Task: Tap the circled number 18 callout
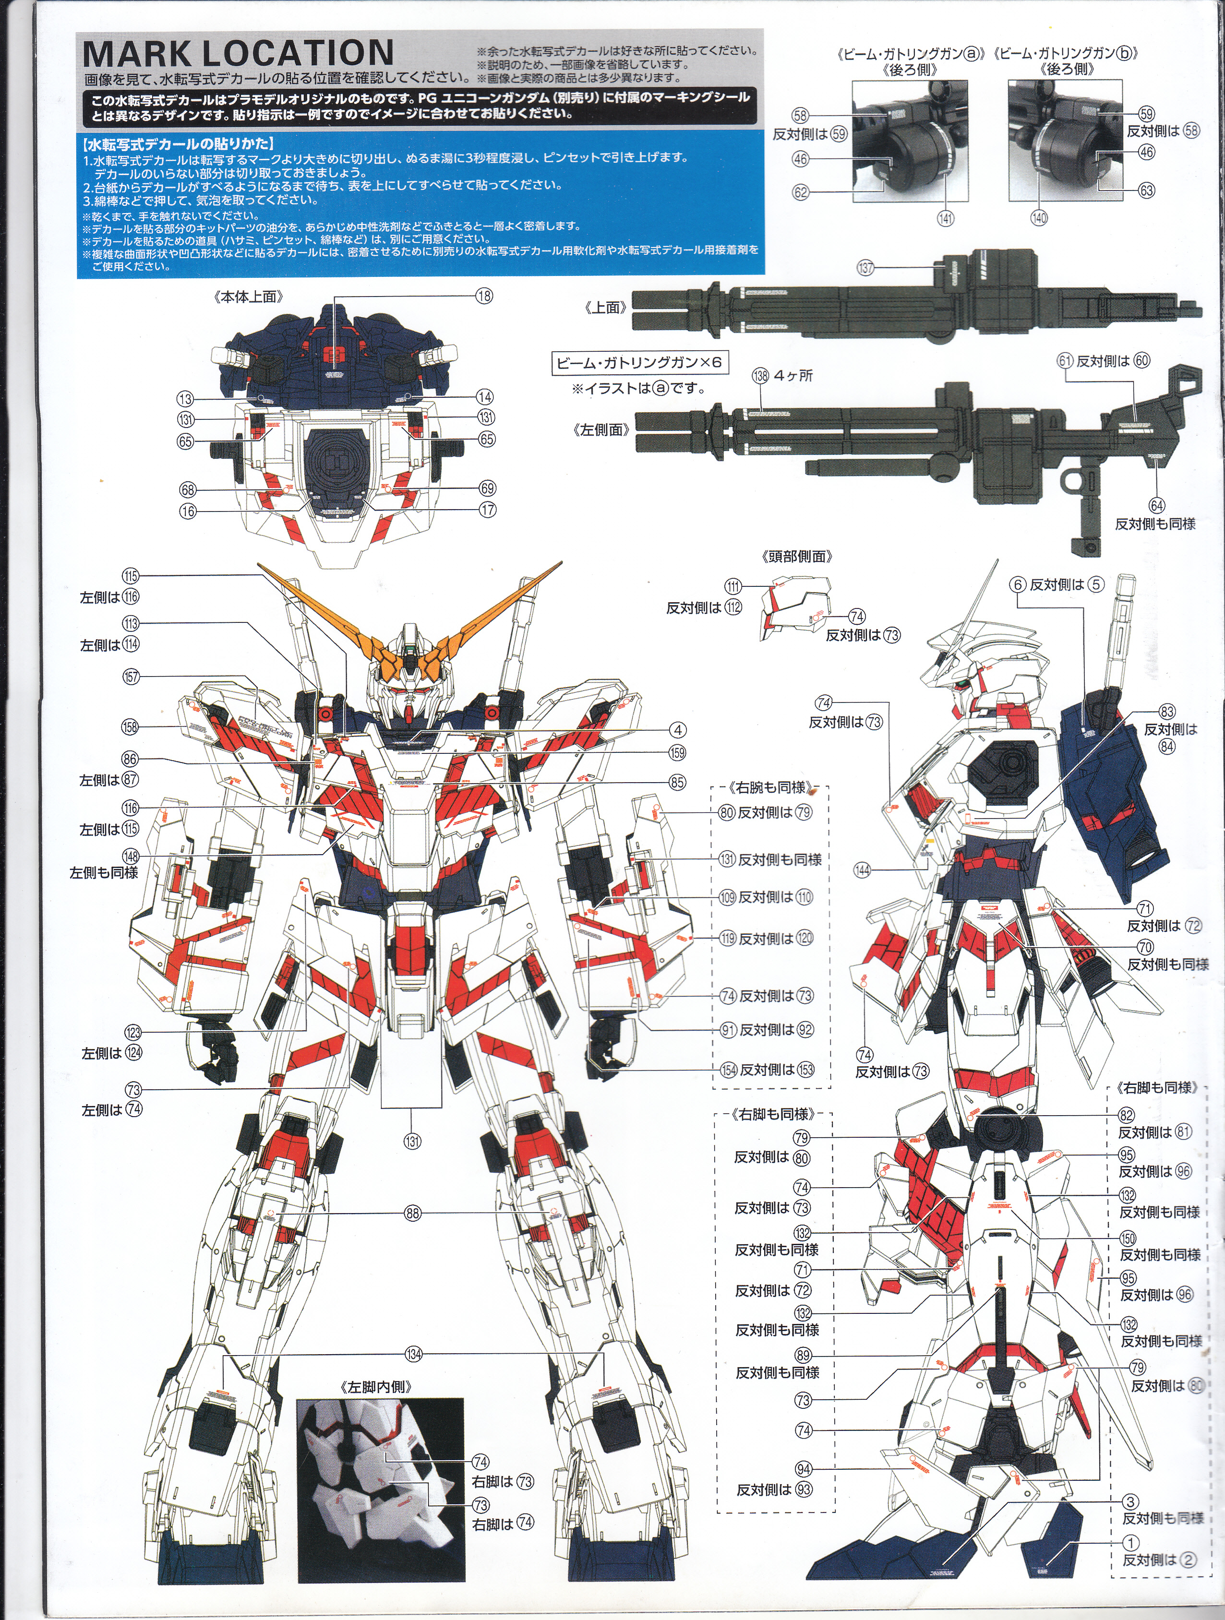(483, 296)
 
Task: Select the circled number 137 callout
(865, 268)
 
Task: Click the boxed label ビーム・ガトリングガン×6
(639, 362)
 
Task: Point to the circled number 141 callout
(946, 218)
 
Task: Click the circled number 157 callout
(131, 677)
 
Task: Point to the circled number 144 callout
(862, 870)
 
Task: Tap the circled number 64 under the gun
(1156, 505)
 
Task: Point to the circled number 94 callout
(804, 1468)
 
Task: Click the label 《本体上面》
(249, 296)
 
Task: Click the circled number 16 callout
(188, 511)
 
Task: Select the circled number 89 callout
(803, 1355)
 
